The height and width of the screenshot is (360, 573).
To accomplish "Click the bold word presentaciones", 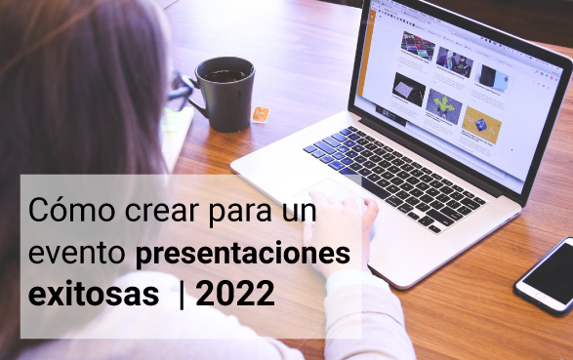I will coord(242,254).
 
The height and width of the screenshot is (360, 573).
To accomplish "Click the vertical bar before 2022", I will coord(181,295).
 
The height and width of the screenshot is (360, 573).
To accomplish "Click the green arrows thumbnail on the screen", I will coord(442,102).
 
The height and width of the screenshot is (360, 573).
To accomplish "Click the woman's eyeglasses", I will coord(181,90).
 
